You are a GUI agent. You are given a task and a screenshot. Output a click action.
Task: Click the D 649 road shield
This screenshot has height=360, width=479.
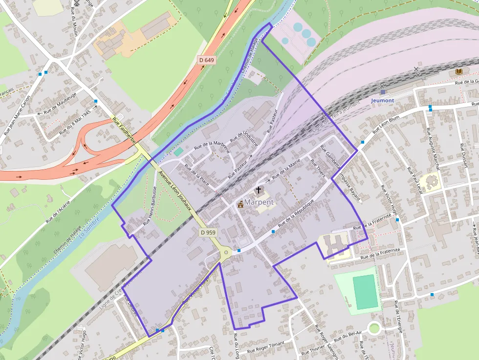(207, 60)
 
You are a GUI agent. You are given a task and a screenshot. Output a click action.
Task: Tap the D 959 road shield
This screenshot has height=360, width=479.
(208, 233)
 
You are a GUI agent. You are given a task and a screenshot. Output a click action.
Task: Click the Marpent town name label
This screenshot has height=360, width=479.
(259, 202)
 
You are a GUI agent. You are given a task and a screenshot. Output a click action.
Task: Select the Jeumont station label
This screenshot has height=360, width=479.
(382, 100)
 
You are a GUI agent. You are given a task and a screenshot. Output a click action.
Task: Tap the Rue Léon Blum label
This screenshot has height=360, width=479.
(386, 125)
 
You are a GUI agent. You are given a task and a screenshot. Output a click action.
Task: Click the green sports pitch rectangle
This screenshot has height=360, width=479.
(365, 292)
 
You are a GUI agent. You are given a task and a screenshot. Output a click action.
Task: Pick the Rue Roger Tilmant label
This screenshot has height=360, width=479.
(265, 347)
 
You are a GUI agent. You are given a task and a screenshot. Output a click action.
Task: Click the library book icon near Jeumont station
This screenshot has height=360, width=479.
(458, 72)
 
